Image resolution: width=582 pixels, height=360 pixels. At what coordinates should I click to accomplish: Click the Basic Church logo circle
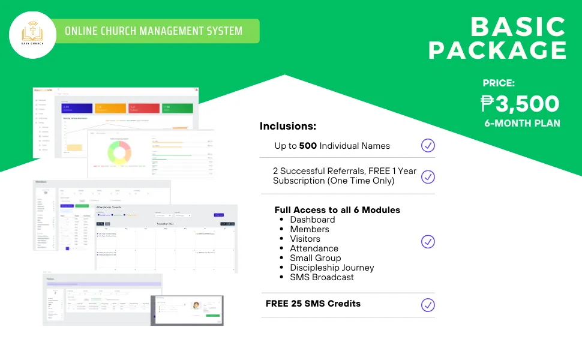34,35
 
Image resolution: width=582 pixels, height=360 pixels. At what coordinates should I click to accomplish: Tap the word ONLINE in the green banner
82,31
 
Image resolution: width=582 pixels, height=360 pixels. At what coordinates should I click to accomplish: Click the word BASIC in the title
518,27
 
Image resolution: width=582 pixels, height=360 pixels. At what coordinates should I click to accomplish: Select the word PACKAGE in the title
497,50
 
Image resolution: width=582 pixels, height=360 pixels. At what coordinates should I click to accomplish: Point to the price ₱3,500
520,104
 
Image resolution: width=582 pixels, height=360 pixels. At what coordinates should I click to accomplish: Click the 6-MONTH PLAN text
522,124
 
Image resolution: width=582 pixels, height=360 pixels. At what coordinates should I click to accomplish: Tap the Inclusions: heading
287,127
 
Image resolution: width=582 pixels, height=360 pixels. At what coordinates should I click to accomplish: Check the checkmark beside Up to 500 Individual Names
428,145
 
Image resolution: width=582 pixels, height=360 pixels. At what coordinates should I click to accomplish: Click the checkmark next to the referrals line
428,176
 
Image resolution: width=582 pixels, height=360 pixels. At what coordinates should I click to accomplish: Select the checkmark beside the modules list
428,241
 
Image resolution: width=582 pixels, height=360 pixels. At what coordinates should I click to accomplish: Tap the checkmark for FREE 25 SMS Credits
428,304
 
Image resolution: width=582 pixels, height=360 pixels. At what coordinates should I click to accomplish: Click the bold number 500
308,146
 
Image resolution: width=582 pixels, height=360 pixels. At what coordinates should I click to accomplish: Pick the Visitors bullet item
305,239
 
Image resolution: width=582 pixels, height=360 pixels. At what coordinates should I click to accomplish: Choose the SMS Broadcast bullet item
322,277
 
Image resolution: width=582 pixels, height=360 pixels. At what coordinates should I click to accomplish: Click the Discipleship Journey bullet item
332,268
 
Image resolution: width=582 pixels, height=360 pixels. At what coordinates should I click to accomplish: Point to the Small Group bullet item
314,258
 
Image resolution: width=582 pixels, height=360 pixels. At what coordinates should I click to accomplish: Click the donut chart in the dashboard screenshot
119,152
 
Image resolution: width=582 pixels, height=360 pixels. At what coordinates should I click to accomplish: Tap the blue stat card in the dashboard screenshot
77,108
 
